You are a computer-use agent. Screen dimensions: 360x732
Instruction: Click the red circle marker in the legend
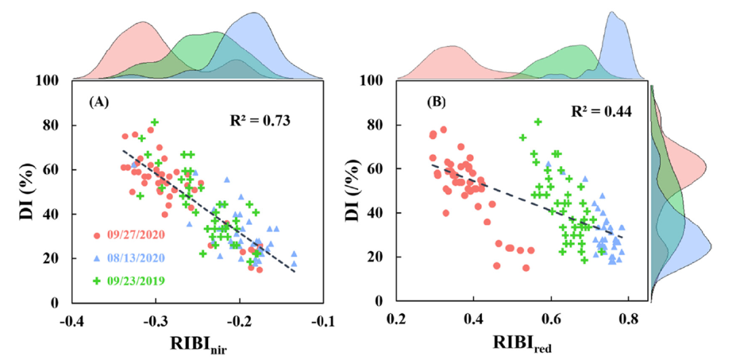tap(97, 235)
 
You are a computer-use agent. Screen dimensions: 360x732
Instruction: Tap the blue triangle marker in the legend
tap(97, 258)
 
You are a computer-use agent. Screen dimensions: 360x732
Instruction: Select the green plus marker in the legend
tap(97, 280)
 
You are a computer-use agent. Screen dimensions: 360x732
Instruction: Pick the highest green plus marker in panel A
tap(155, 122)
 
